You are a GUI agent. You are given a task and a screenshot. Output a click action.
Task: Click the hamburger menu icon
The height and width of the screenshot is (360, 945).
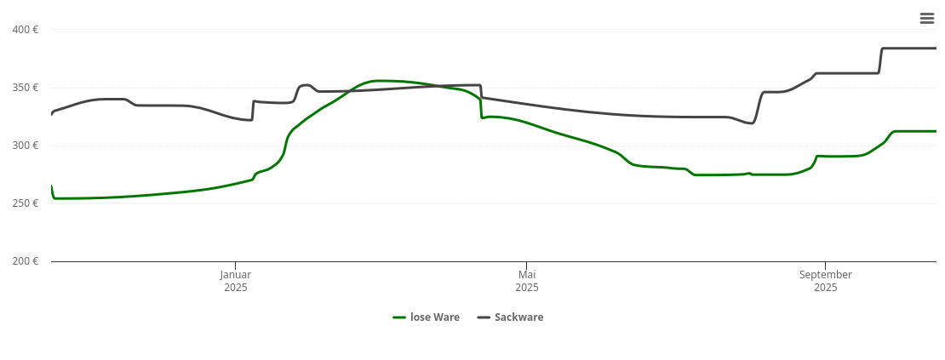pyautogui.click(x=927, y=18)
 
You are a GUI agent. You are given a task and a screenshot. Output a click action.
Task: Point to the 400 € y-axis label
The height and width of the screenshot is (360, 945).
pyautogui.click(x=26, y=30)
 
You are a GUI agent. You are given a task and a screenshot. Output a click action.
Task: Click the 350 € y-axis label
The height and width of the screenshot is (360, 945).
pyautogui.click(x=26, y=88)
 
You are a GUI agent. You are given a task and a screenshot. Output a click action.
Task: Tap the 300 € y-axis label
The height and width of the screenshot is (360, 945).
pyautogui.click(x=26, y=146)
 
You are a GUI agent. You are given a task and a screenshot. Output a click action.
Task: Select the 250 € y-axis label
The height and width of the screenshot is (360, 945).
pyautogui.click(x=26, y=203)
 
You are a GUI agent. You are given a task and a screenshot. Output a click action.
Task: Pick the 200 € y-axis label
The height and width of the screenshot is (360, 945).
pyautogui.click(x=26, y=261)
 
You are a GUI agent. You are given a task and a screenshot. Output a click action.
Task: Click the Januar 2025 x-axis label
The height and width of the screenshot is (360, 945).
pyautogui.click(x=236, y=281)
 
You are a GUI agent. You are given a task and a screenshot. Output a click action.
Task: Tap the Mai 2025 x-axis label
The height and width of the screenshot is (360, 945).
pyautogui.click(x=527, y=281)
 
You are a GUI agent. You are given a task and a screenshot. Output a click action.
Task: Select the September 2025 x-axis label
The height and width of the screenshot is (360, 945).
pyautogui.click(x=826, y=281)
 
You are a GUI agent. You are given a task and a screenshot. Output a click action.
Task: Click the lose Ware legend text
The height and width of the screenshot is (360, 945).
pyautogui.click(x=434, y=317)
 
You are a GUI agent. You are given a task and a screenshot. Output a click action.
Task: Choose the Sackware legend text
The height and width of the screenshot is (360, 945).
pyautogui.click(x=518, y=317)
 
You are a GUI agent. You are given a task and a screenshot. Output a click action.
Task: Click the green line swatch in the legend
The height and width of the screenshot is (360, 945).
pyautogui.click(x=399, y=317)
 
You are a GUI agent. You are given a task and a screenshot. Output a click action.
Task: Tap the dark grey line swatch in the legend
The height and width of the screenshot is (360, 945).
pyautogui.click(x=484, y=317)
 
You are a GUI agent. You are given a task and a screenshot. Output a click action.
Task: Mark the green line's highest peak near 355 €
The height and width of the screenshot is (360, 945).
pyautogui.click(x=379, y=81)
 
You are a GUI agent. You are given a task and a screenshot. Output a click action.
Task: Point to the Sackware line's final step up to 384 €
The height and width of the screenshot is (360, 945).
pyautogui.click(x=880, y=60)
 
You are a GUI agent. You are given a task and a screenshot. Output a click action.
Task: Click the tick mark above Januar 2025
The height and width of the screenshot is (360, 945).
pyautogui.click(x=236, y=265)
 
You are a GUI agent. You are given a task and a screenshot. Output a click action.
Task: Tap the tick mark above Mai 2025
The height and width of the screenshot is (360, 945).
pyautogui.click(x=527, y=265)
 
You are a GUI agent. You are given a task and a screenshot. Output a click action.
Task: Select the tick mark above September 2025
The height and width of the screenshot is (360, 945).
pyautogui.click(x=826, y=265)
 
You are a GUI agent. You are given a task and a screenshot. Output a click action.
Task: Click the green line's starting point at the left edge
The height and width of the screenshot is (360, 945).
pyautogui.click(x=52, y=186)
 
